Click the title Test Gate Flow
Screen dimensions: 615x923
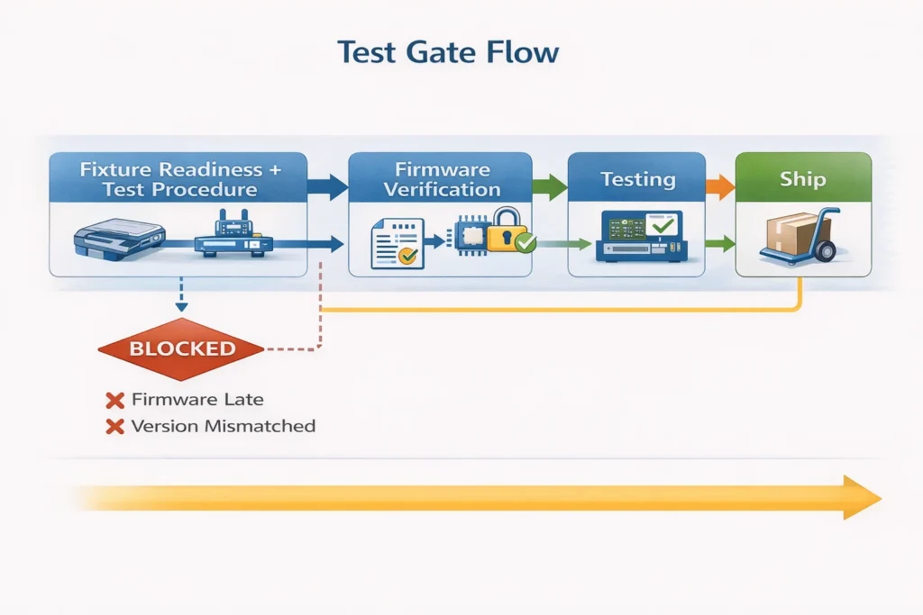448,52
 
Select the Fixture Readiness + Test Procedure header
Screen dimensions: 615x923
178,179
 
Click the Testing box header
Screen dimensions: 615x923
637,179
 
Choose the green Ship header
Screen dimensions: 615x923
802,179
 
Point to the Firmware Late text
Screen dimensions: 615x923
197,399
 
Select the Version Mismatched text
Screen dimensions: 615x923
223,426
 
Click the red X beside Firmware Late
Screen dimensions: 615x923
114,400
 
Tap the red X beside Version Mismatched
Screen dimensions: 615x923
114,427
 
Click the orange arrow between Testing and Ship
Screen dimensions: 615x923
718,187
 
